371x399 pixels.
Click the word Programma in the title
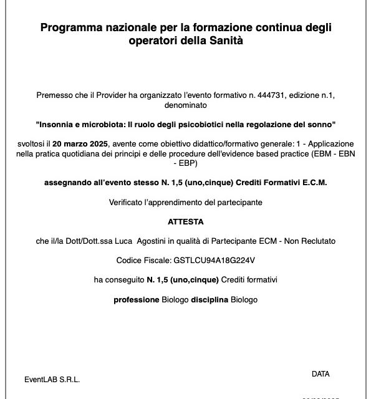(x=70, y=27)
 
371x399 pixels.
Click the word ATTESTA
(x=185, y=221)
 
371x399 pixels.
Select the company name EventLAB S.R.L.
(x=52, y=379)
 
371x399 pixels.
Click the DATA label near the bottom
(x=320, y=374)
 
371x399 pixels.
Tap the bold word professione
(x=136, y=299)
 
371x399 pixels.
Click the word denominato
(x=185, y=107)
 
